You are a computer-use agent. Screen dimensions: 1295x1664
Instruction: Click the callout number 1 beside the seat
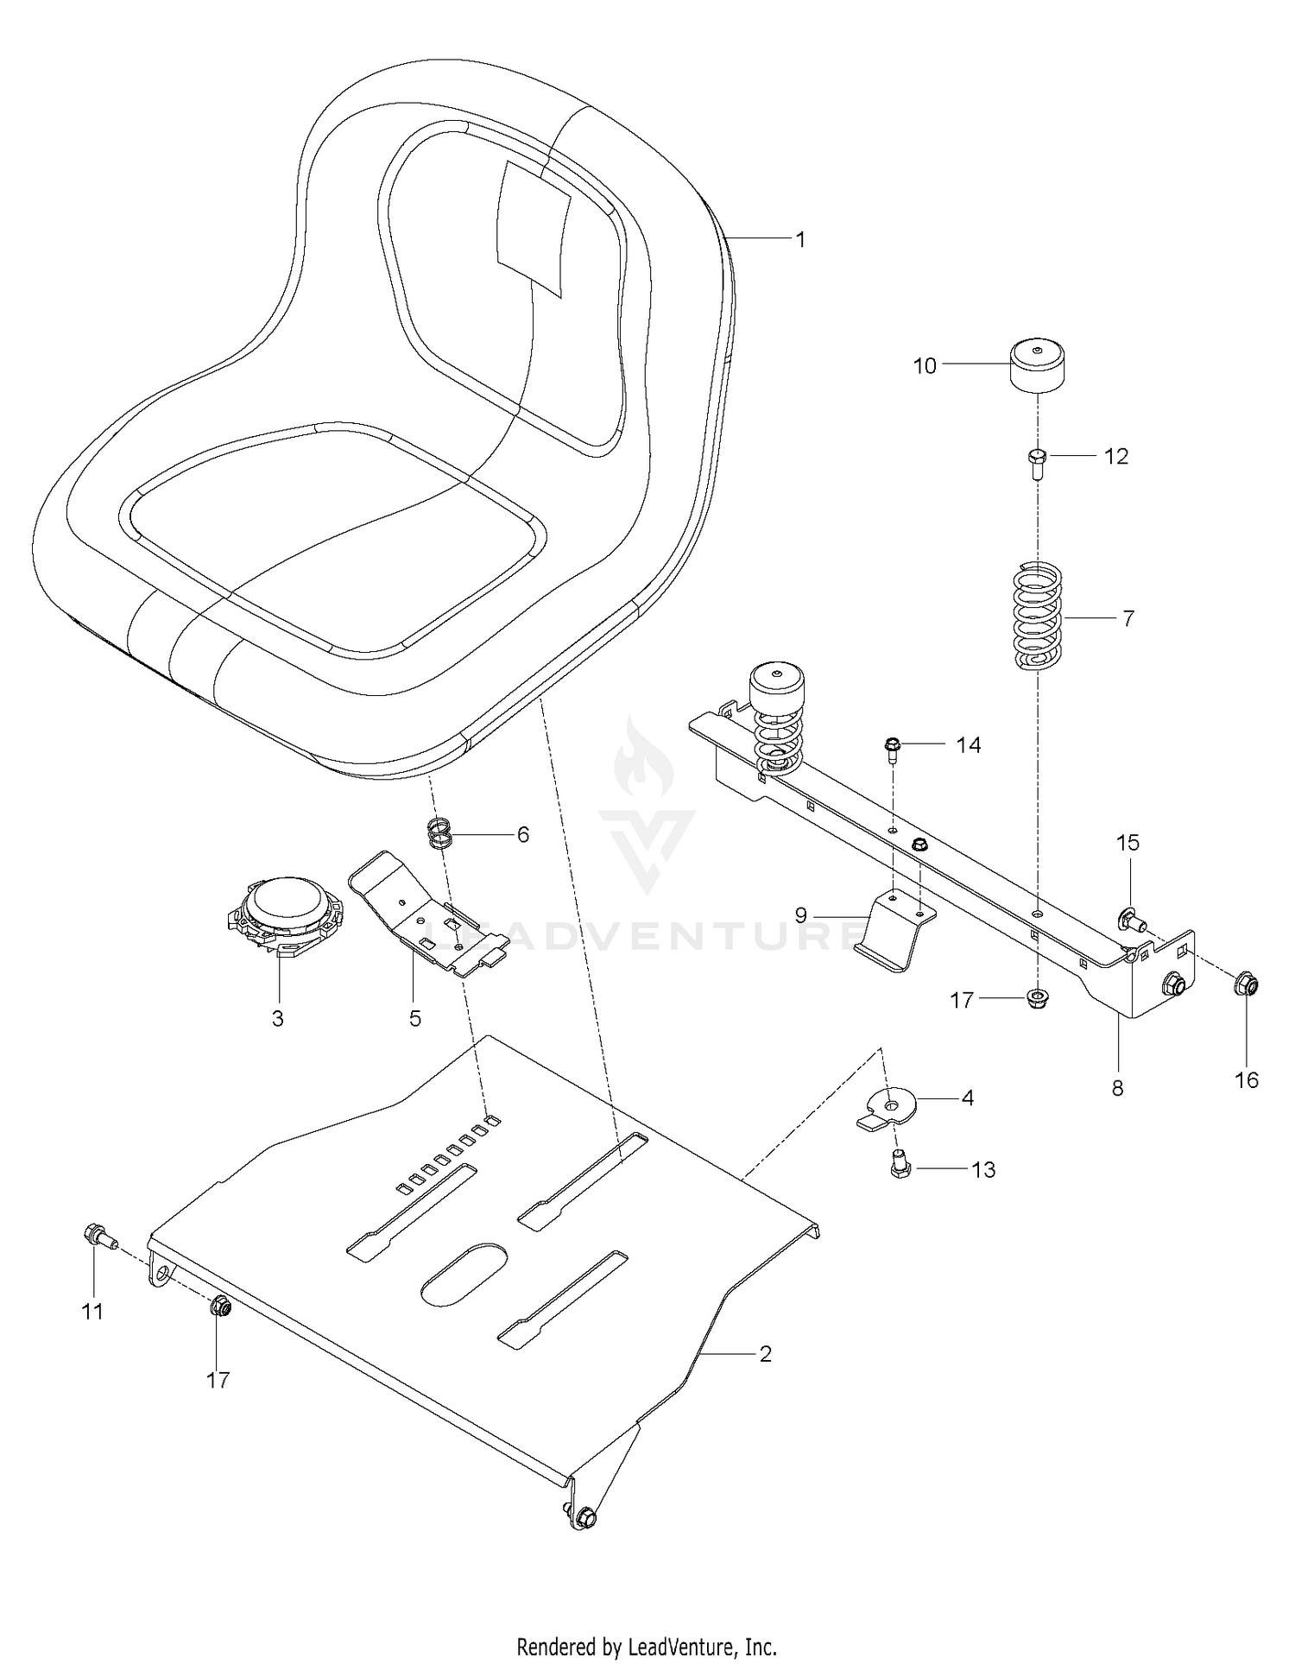(x=800, y=239)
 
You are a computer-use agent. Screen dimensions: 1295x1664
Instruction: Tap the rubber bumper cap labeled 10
(x=1036, y=366)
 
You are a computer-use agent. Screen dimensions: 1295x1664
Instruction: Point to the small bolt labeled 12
(x=1038, y=463)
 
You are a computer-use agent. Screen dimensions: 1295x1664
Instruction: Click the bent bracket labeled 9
(x=893, y=932)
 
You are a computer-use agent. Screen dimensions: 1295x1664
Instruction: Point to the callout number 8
(x=1117, y=1088)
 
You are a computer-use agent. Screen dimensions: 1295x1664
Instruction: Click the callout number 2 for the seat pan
(x=765, y=1353)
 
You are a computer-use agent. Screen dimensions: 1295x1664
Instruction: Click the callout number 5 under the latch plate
(x=415, y=1018)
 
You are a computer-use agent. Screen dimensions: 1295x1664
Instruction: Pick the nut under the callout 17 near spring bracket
(x=1036, y=999)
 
